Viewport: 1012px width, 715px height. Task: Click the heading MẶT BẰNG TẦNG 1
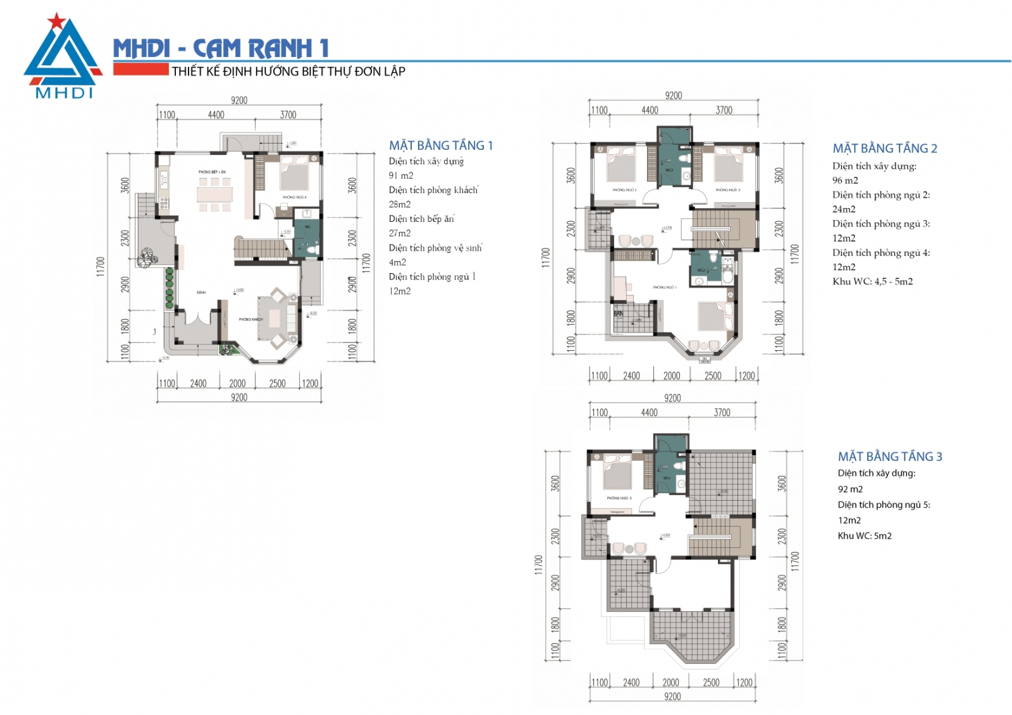pyautogui.click(x=441, y=145)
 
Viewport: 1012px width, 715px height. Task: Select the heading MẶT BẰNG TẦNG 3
pyautogui.click(x=890, y=456)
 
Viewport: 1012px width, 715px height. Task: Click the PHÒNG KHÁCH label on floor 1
pyautogui.click(x=250, y=320)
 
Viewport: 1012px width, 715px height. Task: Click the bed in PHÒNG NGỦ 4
pyautogui.click(x=295, y=174)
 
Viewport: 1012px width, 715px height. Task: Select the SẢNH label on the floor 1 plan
pyautogui.click(x=201, y=293)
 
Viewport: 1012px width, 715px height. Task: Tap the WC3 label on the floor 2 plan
pyautogui.click(x=669, y=170)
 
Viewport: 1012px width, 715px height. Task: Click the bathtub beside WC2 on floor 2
pyautogui.click(x=728, y=268)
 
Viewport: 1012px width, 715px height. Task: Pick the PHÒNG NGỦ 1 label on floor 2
pyautogui.click(x=665, y=288)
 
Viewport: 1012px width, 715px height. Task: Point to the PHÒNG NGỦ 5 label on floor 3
pyautogui.click(x=619, y=498)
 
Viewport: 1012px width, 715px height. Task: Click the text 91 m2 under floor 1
pyautogui.click(x=401, y=176)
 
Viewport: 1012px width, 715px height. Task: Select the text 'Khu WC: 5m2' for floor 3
pyautogui.click(x=865, y=536)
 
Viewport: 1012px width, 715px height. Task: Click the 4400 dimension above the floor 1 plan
pyautogui.click(x=216, y=115)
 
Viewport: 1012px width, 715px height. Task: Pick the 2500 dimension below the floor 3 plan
pyautogui.click(x=711, y=683)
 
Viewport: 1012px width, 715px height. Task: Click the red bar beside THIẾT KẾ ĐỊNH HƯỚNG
pyautogui.click(x=140, y=70)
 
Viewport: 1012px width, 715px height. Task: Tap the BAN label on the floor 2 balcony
pyautogui.click(x=619, y=314)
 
